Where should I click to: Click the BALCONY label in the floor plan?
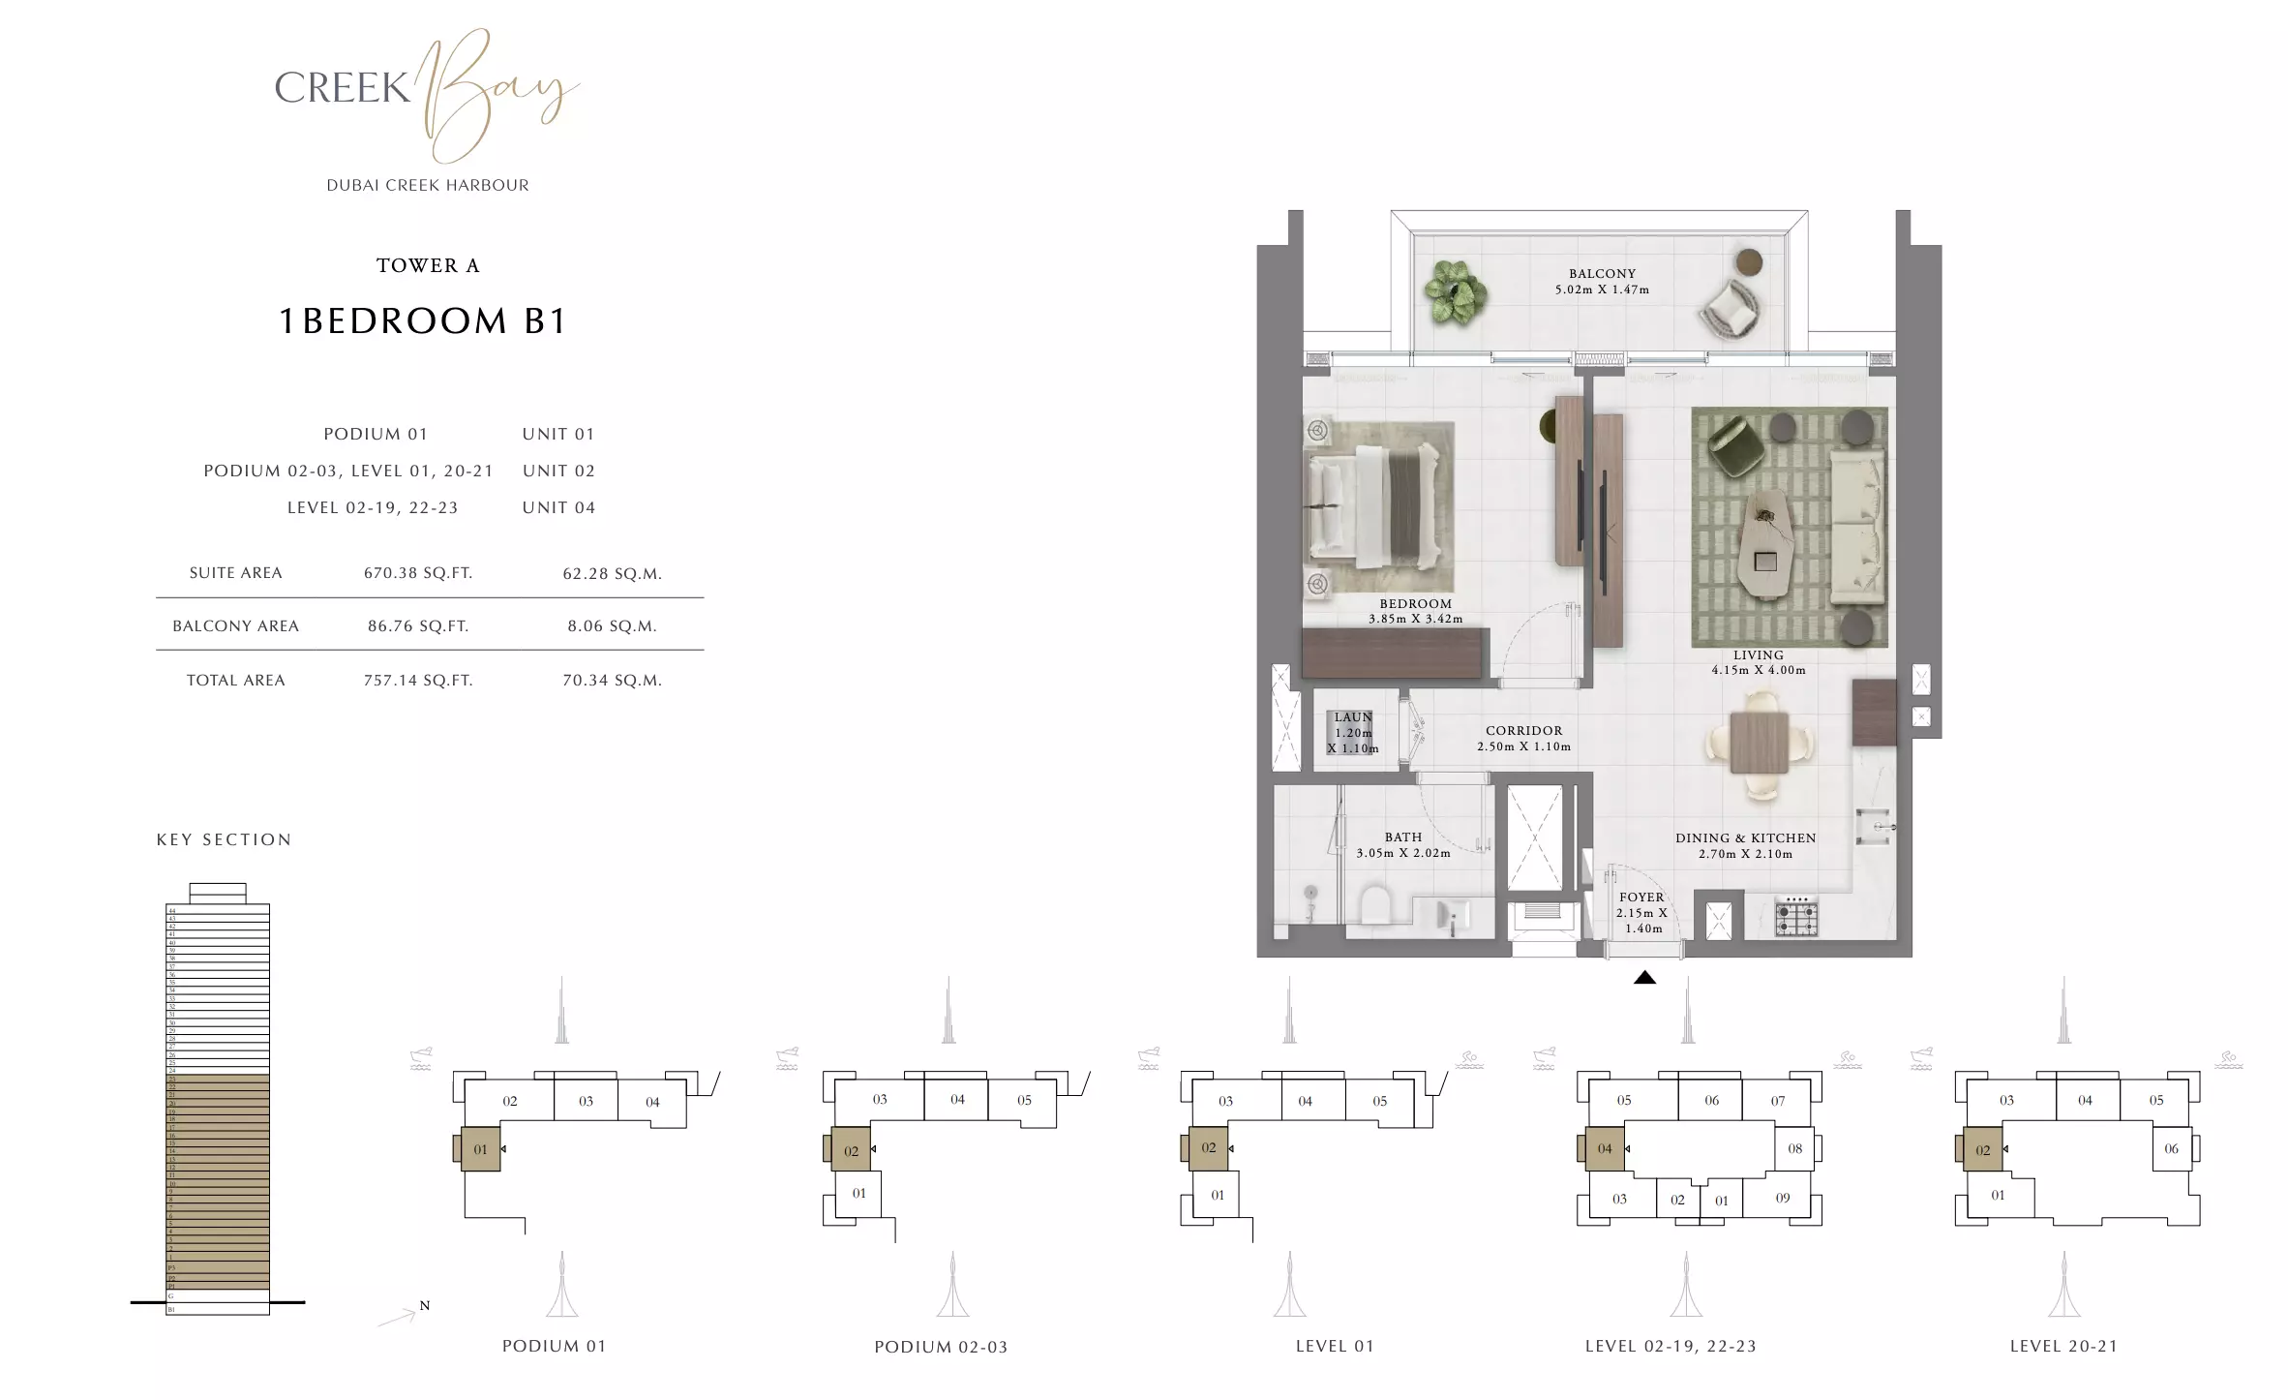tap(1602, 274)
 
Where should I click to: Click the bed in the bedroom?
tap(1378, 506)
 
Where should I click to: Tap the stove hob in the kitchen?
tap(1795, 915)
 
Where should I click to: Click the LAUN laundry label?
tap(1353, 717)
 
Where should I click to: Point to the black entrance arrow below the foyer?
tap(1644, 978)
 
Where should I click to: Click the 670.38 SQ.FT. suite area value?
tap(418, 573)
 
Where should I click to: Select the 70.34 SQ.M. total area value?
tap(612, 681)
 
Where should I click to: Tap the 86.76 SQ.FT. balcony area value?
tap(418, 626)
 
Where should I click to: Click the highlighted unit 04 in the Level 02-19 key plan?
tap(1605, 1149)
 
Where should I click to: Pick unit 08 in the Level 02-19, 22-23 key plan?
tap(1795, 1148)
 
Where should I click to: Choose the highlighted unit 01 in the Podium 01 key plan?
tap(480, 1149)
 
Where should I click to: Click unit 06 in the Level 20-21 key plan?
tap(2171, 1148)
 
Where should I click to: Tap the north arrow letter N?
tap(424, 1306)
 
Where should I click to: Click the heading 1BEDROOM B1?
tap(423, 320)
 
